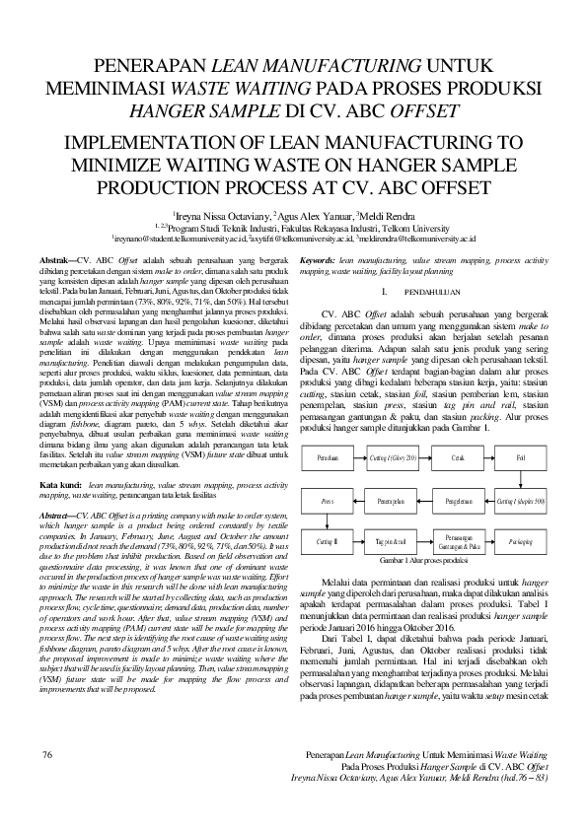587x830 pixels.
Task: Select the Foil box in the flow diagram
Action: pyautogui.click(x=520, y=457)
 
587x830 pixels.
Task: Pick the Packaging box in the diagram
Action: pyautogui.click(x=520, y=541)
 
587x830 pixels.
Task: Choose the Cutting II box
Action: pyautogui.click(x=329, y=541)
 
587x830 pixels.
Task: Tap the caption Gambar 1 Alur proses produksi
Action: pyautogui.click(x=422, y=559)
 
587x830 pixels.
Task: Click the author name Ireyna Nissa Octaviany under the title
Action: pyautogui.click(x=207, y=214)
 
